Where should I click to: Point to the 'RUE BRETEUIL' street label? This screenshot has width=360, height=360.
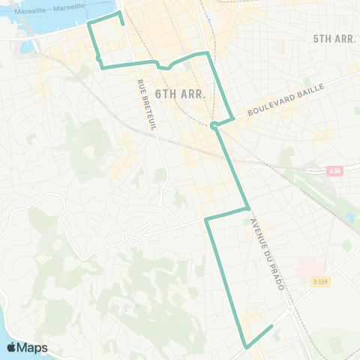click(x=146, y=105)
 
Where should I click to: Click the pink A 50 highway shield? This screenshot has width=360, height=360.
click(x=335, y=171)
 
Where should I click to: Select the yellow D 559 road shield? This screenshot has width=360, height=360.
click(x=321, y=281)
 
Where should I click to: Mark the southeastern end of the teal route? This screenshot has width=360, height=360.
click(x=271, y=326)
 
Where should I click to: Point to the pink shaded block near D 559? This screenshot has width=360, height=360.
click(x=311, y=268)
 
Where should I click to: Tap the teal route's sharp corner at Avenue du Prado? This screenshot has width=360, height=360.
click(x=248, y=208)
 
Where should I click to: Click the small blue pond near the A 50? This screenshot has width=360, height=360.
click(x=350, y=217)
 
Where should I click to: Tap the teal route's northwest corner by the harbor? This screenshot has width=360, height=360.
click(x=89, y=25)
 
